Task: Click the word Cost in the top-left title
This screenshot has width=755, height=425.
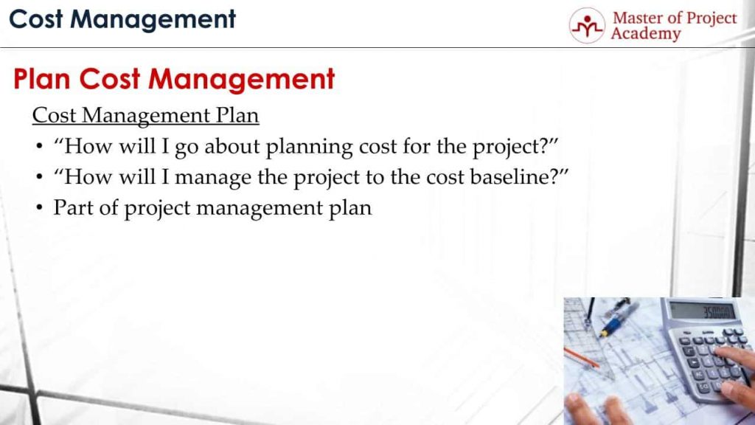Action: tap(36, 19)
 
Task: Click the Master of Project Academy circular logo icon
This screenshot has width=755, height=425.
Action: tap(586, 26)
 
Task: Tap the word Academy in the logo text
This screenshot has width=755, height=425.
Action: tap(646, 34)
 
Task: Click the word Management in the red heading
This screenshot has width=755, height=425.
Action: tap(241, 80)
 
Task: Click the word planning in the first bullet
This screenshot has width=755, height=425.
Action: tap(309, 147)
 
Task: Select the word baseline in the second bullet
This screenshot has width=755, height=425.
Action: tap(509, 177)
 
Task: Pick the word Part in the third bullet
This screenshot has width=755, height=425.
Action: tap(73, 207)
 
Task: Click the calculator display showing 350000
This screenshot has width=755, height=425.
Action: tap(703, 311)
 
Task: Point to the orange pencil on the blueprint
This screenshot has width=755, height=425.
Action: tap(581, 358)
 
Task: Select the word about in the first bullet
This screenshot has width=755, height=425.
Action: tap(232, 146)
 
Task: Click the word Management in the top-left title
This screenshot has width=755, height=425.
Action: tap(153, 20)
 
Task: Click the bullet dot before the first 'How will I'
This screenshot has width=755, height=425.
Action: tap(40, 147)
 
